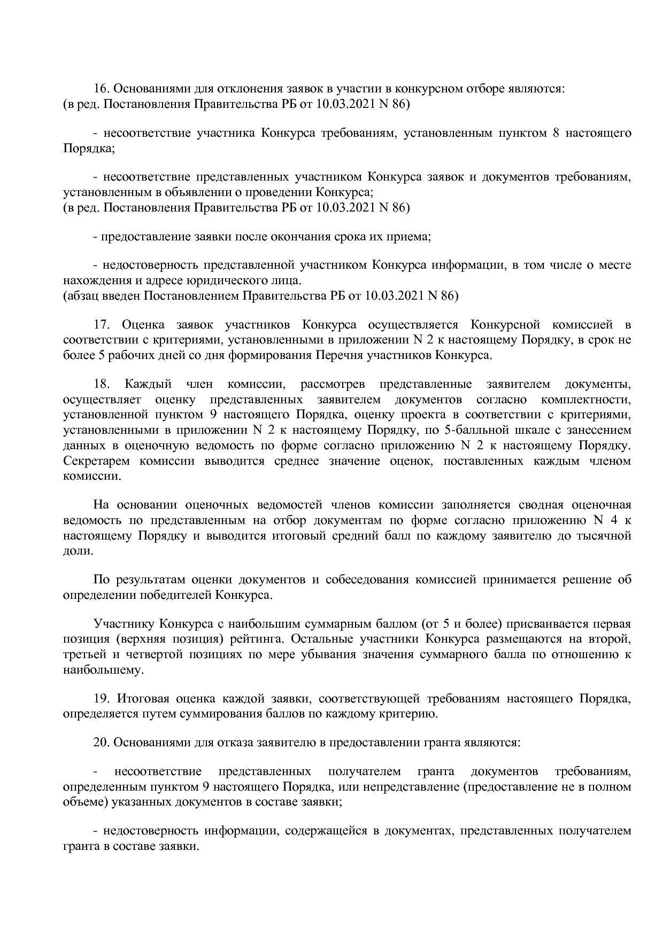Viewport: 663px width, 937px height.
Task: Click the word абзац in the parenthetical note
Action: point(82,295)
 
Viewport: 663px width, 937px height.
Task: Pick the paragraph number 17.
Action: point(102,325)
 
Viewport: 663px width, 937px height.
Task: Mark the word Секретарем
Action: point(95,460)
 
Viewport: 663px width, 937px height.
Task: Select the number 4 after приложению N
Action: point(612,520)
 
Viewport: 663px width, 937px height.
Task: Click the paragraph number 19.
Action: point(101,699)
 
